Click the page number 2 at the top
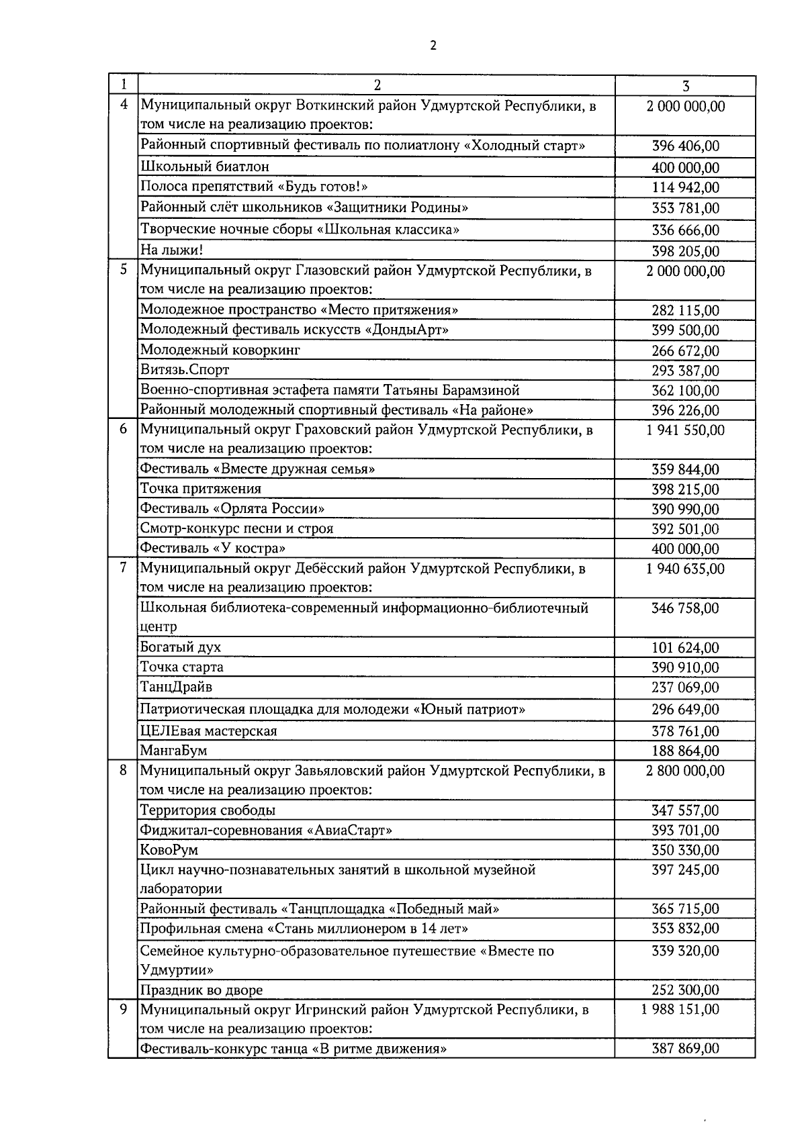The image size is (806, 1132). click(432, 46)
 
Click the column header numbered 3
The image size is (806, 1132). click(685, 86)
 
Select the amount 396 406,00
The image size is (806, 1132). click(685, 146)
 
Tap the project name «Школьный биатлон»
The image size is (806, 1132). click(205, 167)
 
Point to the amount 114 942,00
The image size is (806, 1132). click(685, 187)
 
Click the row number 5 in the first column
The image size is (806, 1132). click(123, 271)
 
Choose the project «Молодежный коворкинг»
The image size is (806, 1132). click(220, 350)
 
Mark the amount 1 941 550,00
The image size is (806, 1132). click(685, 430)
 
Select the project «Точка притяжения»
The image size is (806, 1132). click(201, 489)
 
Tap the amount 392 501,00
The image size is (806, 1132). click(685, 529)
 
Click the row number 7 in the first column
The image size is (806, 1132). click(123, 568)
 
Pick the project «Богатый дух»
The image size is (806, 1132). click(181, 647)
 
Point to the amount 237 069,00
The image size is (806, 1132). click(685, 688)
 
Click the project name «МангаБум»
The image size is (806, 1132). click(173, 751)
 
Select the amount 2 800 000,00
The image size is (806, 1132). click(685, 771)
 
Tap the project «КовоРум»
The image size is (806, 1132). click(169, 850)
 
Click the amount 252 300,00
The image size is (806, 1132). click(685, 990)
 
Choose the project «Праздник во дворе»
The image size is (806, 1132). click(201, 990)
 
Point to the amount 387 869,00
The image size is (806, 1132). click(685, 1049)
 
